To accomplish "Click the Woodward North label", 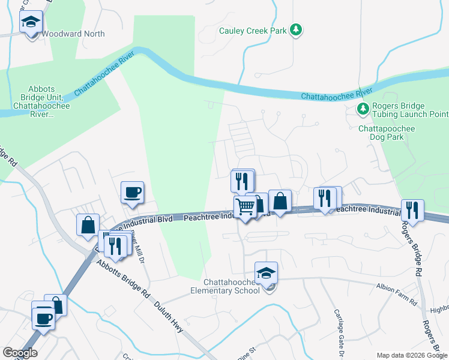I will pyautogui.click(x=73, y=34).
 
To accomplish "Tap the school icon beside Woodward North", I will pyautogui.click(x=31, y=23).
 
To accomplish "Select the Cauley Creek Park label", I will pyautogui.click(x=253, y=30).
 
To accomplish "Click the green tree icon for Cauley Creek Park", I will pyautogui.click(x=295, y=29).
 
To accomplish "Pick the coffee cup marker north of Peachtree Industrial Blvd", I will pyautogui.click(x=133, y=193).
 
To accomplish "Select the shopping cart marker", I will pyautogui.click(x=245, y=206).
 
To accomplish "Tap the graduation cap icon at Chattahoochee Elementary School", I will pyautogui.click(x=266, y=273).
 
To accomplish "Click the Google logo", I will pyautogui.click(x=20, y=353).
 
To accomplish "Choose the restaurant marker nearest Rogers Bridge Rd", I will pyautogui.click(x=412, y=210).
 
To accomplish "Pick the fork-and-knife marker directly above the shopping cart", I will pyautogui.click(x=243, y=181).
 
